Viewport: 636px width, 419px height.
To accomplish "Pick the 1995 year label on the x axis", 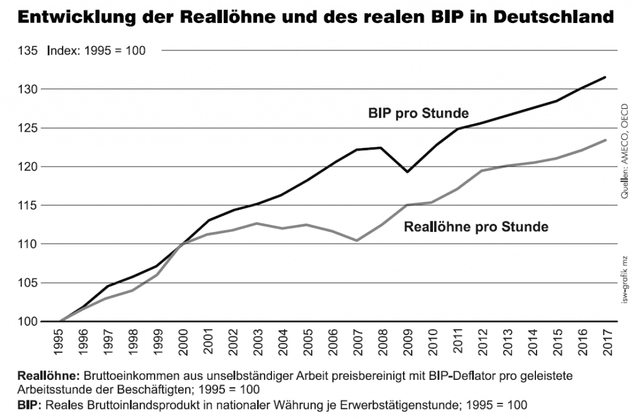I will tap(59, 343).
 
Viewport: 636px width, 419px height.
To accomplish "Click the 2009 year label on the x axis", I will tap(407, 343).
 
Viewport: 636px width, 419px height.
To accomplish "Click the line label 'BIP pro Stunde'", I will tap(418, 113).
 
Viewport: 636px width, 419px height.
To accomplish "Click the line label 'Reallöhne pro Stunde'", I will tap(476, 227).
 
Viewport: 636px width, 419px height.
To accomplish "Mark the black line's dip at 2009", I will tap(407, 172).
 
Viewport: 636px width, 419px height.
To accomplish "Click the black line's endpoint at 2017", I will tap(606, 77).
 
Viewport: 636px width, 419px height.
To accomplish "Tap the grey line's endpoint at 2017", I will tap(606, 140).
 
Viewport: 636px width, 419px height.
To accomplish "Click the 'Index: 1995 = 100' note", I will tap(96, 50).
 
